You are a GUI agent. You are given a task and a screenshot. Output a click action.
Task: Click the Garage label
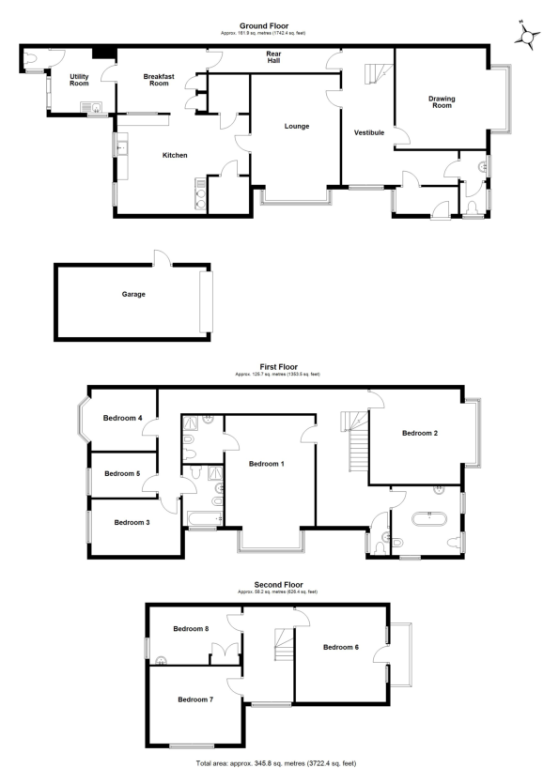tap(133, 294)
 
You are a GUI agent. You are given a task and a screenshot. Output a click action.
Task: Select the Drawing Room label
tap(441, 101)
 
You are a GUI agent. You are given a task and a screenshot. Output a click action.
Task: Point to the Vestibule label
tap(369, 133)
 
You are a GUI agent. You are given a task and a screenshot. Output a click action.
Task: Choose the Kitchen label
tap(176, 155)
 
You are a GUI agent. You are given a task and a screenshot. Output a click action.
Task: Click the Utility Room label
tap(79, 80)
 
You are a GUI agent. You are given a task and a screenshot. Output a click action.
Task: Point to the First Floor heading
tap(278, 369)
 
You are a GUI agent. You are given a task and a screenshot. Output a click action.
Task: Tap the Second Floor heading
tap(278, 585)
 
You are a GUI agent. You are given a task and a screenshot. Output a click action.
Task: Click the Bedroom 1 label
tap(267, 464)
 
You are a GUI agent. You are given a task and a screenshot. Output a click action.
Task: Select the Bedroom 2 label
tap(419, 433)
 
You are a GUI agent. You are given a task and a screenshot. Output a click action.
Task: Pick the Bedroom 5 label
tap(122, 474)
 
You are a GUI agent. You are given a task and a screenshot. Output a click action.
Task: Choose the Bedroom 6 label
tap(341, 647)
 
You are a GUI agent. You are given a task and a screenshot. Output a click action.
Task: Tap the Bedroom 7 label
tap(196, 699)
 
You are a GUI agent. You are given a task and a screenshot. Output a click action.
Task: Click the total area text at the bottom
tap(276, 762)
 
